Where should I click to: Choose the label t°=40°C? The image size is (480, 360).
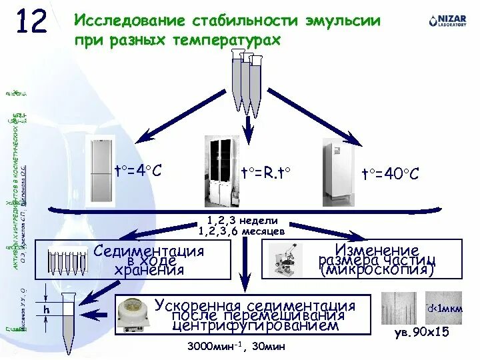390,174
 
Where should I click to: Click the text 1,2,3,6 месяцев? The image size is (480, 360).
242,231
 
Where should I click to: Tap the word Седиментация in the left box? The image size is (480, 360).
149,252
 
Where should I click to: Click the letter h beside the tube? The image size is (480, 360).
47,309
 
